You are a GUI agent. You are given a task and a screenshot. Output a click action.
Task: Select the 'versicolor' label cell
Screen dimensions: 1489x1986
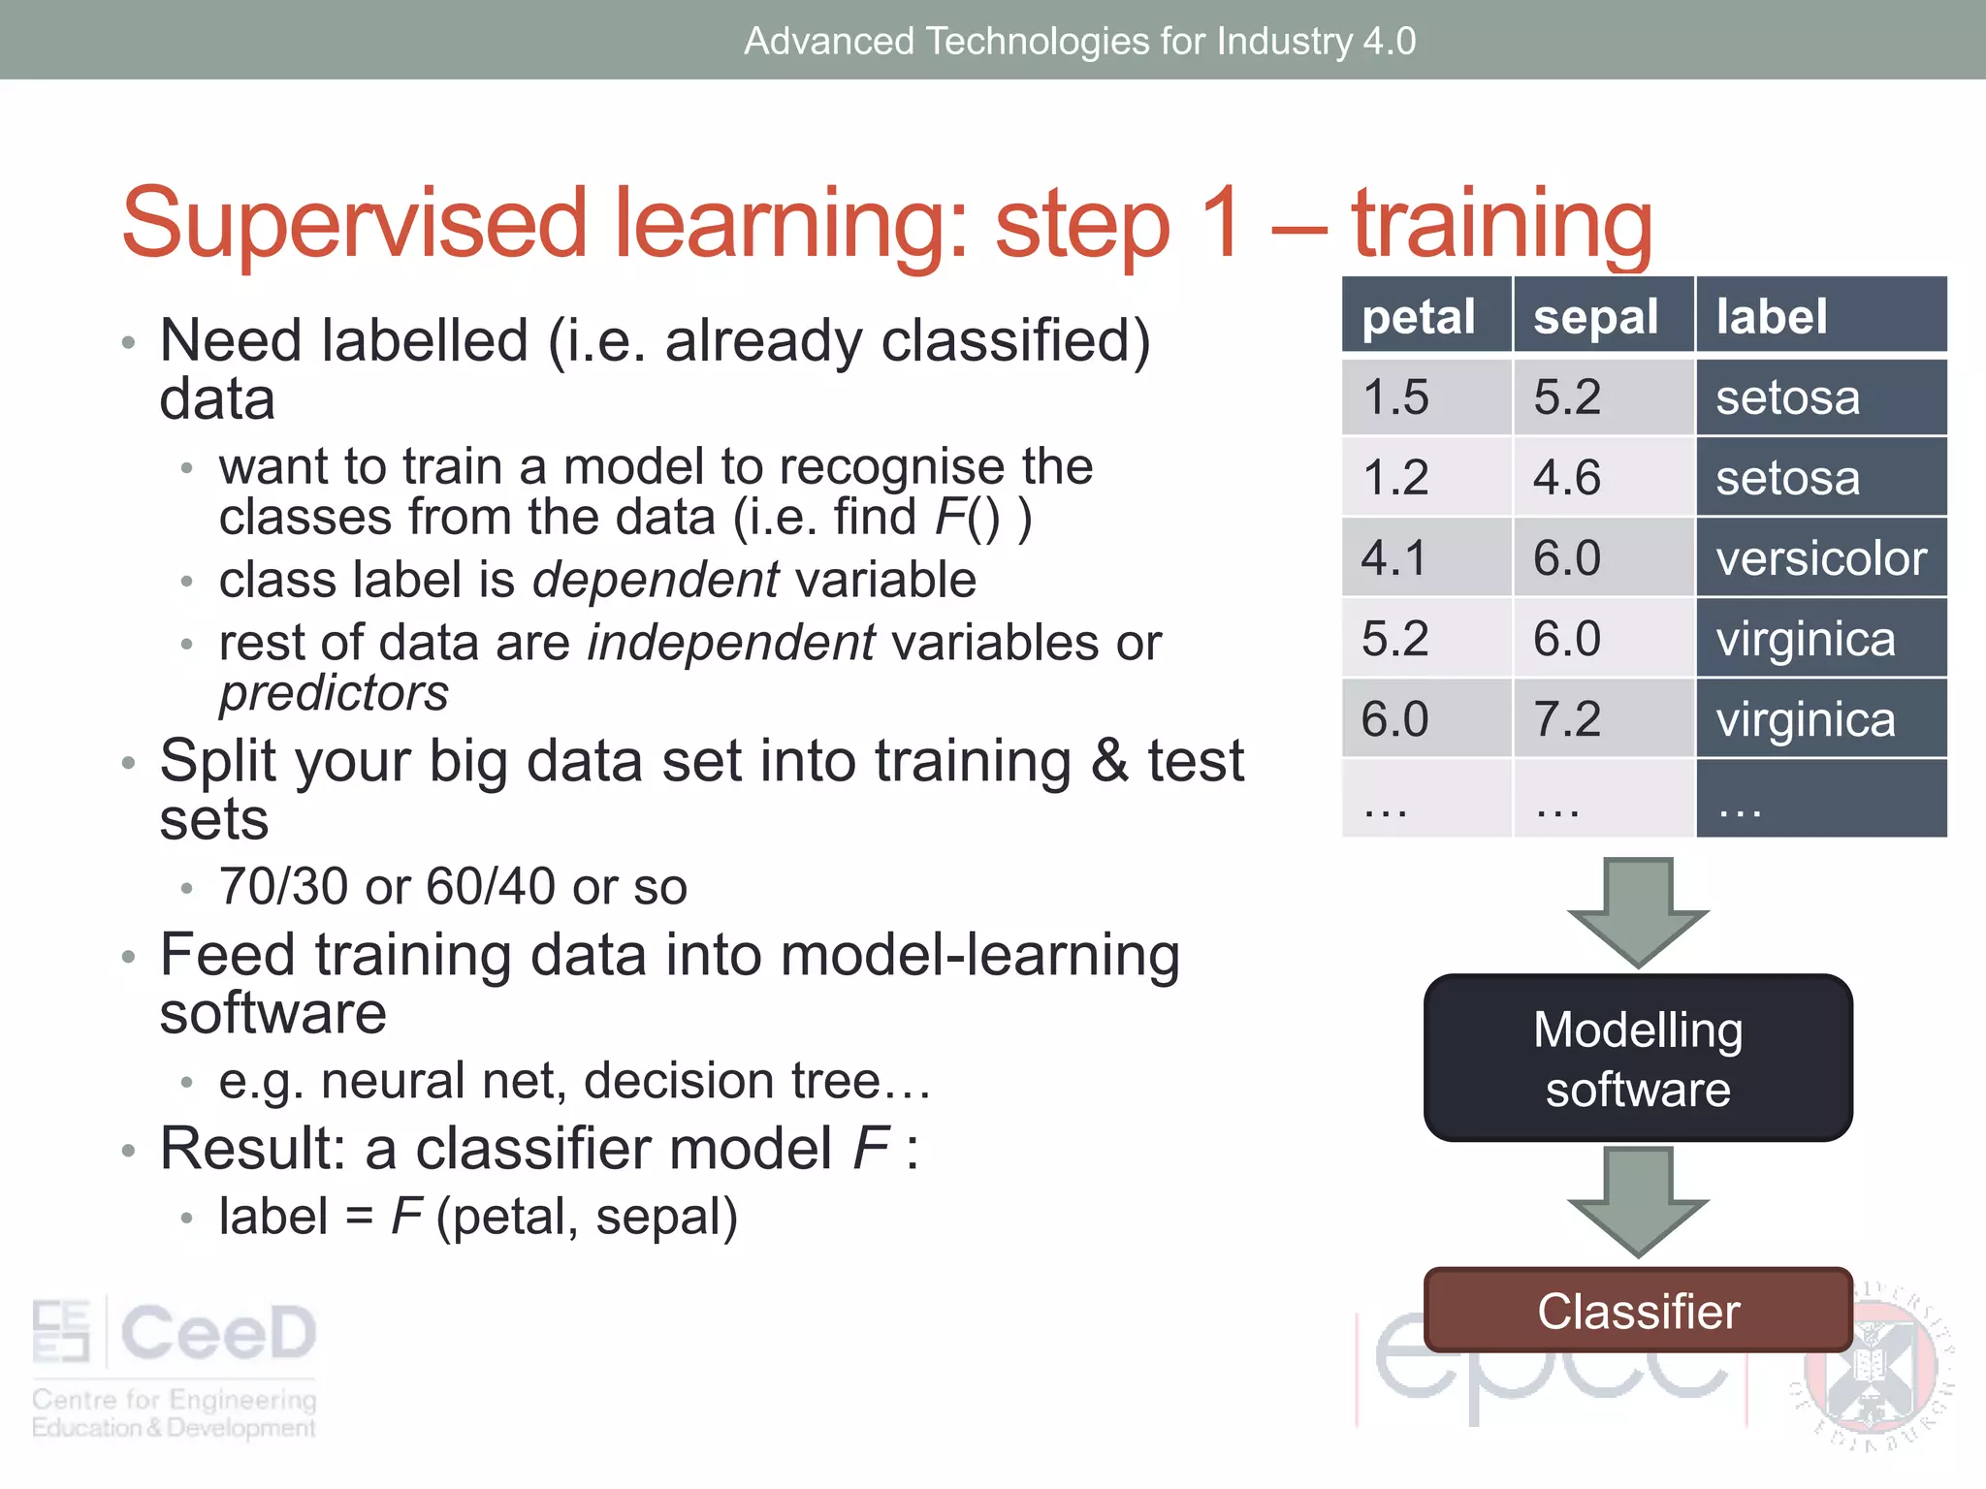click(1820, 558)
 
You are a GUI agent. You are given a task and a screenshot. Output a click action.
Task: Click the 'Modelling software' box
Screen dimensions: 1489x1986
click(1638, 1059)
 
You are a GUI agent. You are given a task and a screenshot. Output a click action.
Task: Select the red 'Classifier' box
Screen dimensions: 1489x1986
click(1638, 1311)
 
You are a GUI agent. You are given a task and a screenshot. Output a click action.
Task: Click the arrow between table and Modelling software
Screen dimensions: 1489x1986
click(1638, 911)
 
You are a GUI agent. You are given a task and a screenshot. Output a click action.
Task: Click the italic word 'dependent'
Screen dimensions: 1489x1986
click(655, 580)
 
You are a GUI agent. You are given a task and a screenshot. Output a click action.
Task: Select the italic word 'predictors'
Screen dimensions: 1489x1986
click(334, 693)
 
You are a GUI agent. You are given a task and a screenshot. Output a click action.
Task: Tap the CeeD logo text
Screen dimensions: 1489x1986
click(218, 1333)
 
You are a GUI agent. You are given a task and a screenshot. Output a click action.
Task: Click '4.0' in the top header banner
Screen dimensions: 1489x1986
click(1389, 41)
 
